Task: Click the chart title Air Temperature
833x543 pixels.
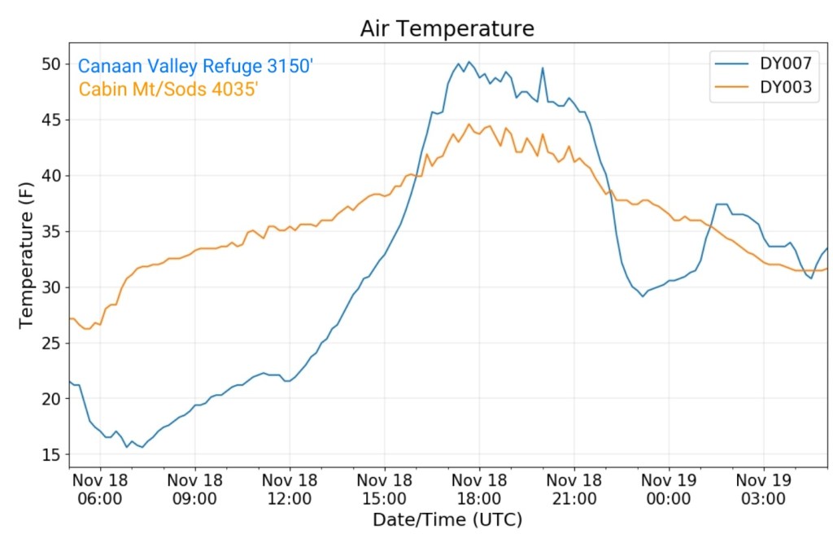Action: click(x=447, y=29)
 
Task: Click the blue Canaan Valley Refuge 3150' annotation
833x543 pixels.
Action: click(x=195, y=67)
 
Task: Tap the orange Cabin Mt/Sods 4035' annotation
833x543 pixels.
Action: click(x=168, y=90)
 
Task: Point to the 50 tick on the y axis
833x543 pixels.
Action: click(x=52, y=63)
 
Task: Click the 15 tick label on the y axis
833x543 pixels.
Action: click(x=52, y=454)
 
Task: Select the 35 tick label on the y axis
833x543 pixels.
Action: click(x=52, y=231)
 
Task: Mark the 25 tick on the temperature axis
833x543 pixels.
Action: click(x=52, y=343)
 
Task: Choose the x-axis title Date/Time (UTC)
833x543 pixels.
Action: click(x=447, y=519)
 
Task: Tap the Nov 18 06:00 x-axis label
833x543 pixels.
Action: click(x=99, y=488)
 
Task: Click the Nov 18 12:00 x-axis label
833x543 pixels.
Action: click(x=290, y=488)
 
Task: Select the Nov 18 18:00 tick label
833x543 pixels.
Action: click(x=479, y=488)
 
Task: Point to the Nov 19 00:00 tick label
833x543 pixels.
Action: click(x=669, y=488)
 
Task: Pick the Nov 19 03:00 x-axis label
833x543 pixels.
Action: click(x=764, y=488)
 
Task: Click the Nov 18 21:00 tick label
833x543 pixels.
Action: click(x=574, y=488)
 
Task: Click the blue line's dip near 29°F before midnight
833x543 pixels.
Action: click(x=643, y=296)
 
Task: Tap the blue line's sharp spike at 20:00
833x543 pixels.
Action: click(x=543, y=68)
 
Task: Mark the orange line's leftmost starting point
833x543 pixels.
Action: click(x=70, y=318)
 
